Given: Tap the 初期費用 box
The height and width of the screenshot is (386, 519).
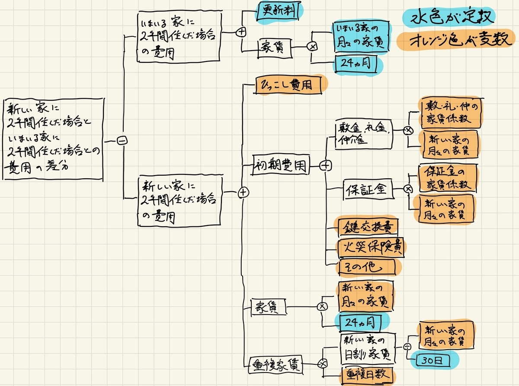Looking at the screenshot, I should point(282,165).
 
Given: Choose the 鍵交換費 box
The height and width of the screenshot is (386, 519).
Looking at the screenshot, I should point(367,226).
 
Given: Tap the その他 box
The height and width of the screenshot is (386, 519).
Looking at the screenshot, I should point(366,265).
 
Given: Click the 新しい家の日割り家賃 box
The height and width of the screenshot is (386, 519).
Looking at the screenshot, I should point(367,349).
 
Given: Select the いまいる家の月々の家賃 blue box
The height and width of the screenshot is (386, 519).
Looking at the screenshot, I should point(362,37).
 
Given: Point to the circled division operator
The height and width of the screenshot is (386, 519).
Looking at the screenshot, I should point(407,347).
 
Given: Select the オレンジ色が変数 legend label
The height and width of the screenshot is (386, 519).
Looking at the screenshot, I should point(456,41).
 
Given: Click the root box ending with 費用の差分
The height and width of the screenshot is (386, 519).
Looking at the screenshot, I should point(53,138).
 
